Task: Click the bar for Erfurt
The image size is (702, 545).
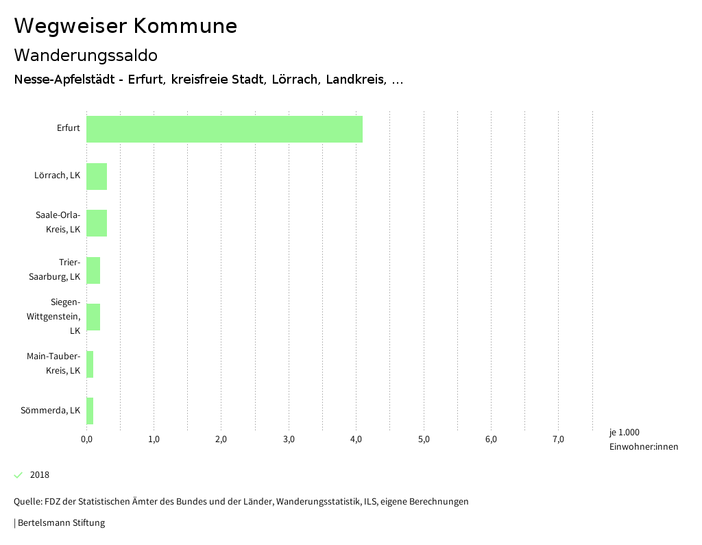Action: pyautogui.click(x=224, y=129)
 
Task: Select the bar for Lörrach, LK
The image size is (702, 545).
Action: pyautogui.click(x=97, y=176)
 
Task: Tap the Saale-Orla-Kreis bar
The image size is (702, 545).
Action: pyautogui.click(x=97, y=223)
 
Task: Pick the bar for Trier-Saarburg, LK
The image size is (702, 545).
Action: pyautogui.click(x=93, y=270)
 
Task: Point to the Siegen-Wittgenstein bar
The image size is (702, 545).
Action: pyautogui.click(x=93, y=317)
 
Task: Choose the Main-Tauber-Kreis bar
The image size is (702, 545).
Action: pyautogui.click(x=90, y=364)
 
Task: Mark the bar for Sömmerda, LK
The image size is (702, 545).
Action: pyautogui.click(x=90, y=411)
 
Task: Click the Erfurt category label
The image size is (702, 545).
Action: pyautogui.click(x=69, y=128)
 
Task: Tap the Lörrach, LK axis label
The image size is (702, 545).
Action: pyautogui.click(x=57, y=175)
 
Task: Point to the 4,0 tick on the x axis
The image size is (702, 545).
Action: pyautogui.click(x=356, y=439)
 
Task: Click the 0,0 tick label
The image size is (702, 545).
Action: pyautogui.click(x=86, y=439)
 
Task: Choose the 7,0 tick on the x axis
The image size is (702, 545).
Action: pyautogui.click(x=558, y=439)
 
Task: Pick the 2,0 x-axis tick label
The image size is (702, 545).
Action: pyautogui.click(x=221, y=439)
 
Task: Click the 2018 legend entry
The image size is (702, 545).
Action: pyautogui.click(x=40, y=475)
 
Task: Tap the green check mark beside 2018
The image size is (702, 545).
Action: pyautogui.click(x=19, y=475)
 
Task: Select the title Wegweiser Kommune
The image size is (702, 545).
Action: pyautogui.click(x=125, y=26)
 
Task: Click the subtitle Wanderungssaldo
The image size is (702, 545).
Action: pyautogui.click(x=86, y=55)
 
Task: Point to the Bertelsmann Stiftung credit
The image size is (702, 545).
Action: pyautogui.click(x=60, y=523)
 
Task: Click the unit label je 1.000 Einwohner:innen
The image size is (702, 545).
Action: pyautogui.click(x=643, y=439)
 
